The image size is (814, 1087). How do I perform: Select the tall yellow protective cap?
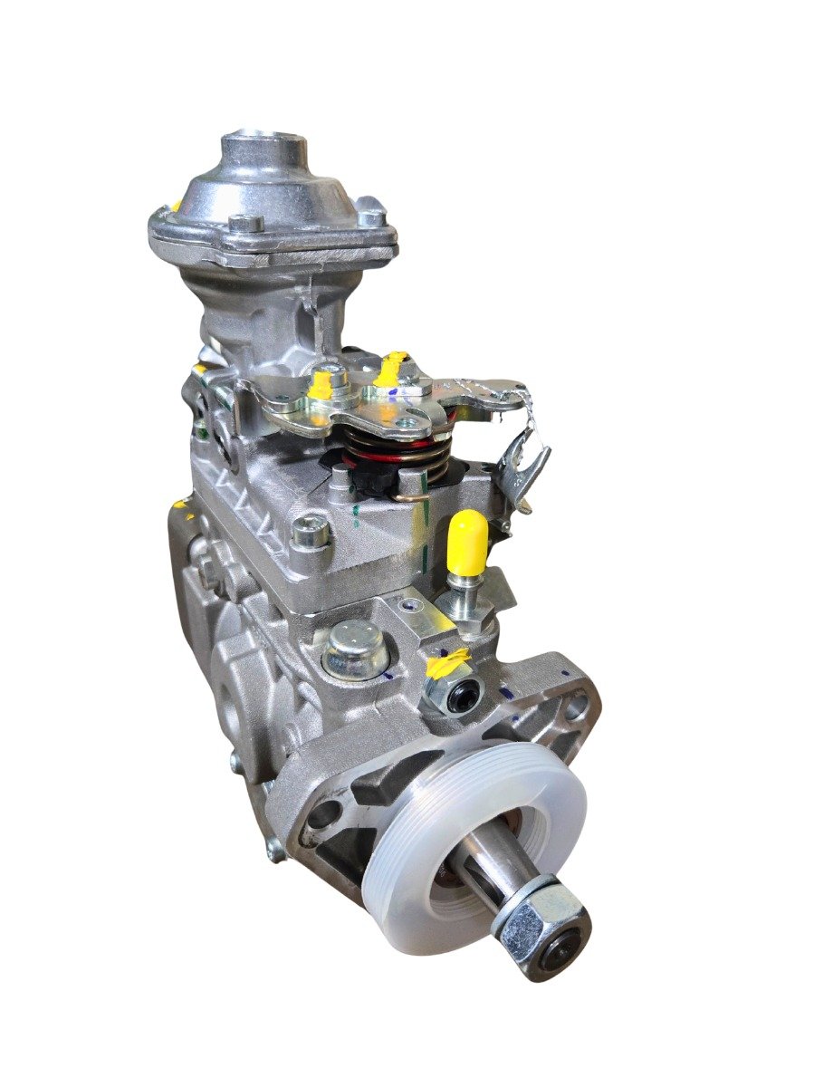coord(468,542)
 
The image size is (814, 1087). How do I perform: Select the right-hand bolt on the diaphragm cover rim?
coord(369,217)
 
